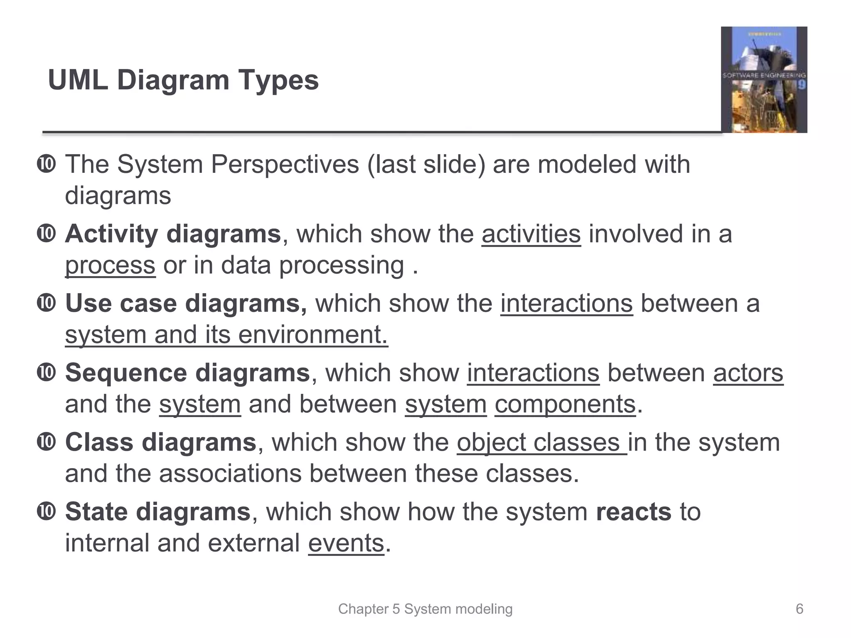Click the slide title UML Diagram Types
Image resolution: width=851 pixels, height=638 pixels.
click(x=183, y=80)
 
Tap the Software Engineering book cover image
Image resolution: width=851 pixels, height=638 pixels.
click(x=764, y=80)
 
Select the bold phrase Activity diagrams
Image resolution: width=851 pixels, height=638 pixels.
click(x=173, y=234)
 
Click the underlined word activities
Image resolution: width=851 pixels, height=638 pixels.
click(x=531, y=234)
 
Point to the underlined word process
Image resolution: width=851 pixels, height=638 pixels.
click(x=110, y=265)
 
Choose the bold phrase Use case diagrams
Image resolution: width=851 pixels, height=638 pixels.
click(x=186, y=303)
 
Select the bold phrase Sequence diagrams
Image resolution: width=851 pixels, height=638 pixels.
click(x=187, y=373)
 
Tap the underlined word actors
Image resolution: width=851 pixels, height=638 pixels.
click(x=748, y=373)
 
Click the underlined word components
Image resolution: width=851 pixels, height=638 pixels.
click(x=565, y=404)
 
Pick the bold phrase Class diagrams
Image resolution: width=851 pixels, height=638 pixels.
click(x=160, y=442)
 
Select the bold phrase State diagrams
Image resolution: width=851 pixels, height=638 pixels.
click(x=158, y=511)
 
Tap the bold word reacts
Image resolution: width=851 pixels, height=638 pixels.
click(x=633, y=511)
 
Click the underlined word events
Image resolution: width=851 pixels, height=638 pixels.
click(x=346, y=543)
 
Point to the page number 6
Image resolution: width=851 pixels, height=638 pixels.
click(x=799, y=609)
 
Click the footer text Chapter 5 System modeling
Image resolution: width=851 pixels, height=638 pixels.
click(x=425, y=609)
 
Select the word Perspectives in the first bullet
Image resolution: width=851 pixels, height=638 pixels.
click(x=285, y=164)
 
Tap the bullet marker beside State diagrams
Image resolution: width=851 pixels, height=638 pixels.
click(x=46, y=511)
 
